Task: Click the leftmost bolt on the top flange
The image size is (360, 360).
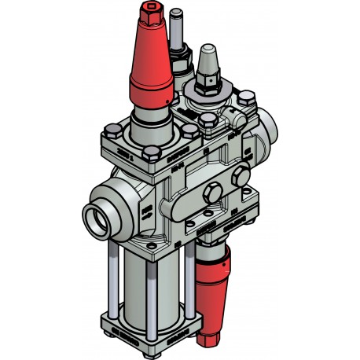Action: point(110,127)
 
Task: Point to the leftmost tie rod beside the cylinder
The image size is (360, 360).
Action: point(115,283)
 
